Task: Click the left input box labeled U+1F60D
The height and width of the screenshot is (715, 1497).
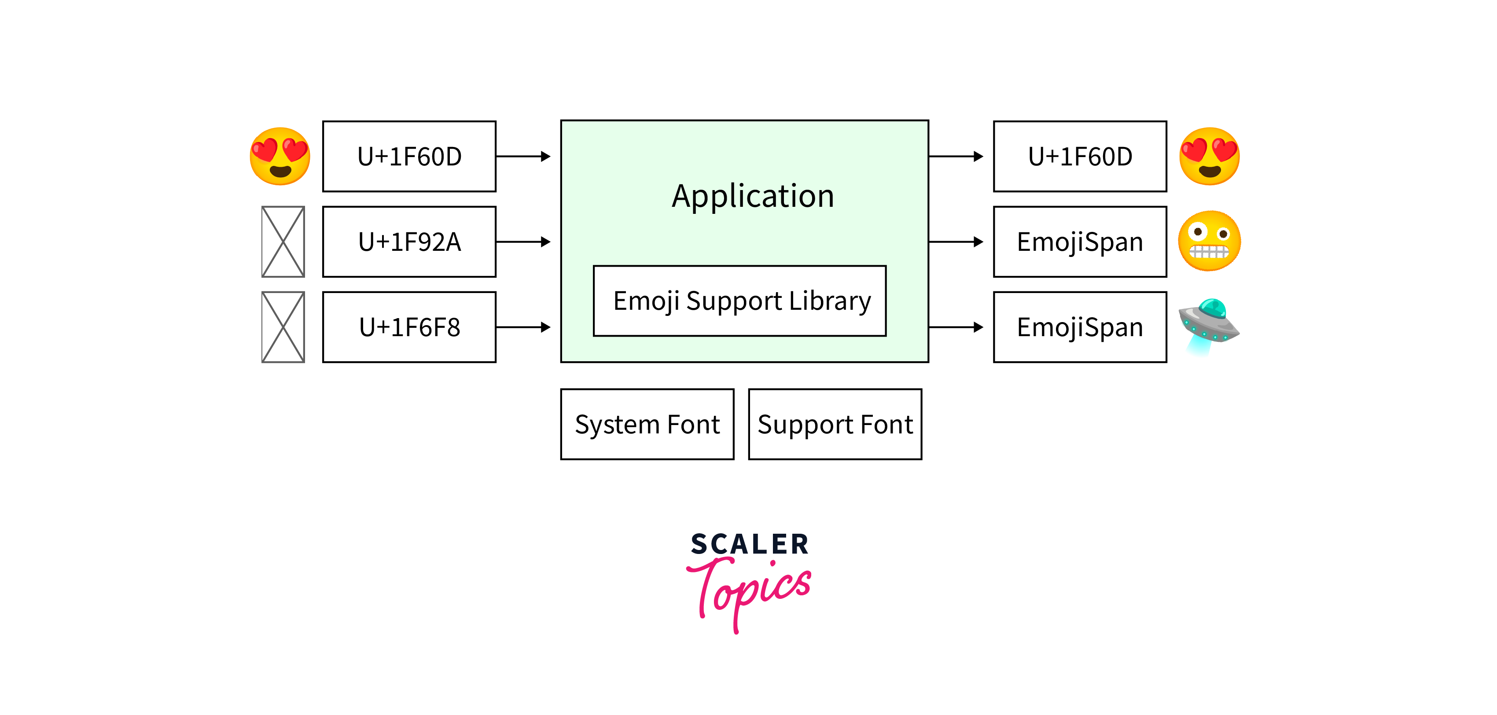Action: (409, 156)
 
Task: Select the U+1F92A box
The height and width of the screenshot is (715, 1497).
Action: (409, 242)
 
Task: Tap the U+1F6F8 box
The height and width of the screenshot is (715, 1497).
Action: (409, 327)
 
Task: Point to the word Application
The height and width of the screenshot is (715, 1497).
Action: (753, 196)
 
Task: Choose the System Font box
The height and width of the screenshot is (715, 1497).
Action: (647, 424)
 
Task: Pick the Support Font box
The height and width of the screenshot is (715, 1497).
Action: (835, 424)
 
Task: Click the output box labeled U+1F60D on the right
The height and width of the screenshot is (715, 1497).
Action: (1080, 156)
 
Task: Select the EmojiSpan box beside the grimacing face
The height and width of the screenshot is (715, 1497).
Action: (1080, 242)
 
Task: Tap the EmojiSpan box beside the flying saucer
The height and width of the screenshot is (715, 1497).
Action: (1080, 327)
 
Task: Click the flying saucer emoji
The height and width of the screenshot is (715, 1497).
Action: (1209, 325)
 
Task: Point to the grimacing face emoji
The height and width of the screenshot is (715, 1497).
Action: (1209, 241)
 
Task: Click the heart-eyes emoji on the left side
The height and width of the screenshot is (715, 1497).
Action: (280, 156)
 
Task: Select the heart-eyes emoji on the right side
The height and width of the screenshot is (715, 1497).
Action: (1209, 156)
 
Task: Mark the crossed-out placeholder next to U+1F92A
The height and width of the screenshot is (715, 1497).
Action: (283, 242)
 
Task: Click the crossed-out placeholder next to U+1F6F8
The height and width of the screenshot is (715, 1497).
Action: (283, 327)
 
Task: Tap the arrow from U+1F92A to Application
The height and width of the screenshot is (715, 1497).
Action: (523, 242)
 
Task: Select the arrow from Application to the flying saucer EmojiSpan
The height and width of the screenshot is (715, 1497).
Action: (956, 327)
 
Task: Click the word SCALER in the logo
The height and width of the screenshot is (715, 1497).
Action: (749, 544)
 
